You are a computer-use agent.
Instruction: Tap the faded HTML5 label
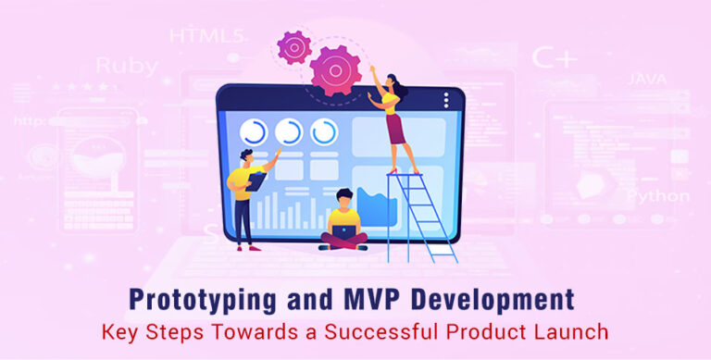[206, 36]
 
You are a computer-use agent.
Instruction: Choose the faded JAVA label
[646, 80]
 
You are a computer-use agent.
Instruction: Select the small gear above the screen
[293, 46]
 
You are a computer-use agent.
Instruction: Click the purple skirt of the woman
[396, 130]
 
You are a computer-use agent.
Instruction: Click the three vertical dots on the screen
[447, 98]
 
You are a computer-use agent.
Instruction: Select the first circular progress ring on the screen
[253, 131]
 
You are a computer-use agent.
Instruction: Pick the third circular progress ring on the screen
[324, 131]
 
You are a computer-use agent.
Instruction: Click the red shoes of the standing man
[246, 247]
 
